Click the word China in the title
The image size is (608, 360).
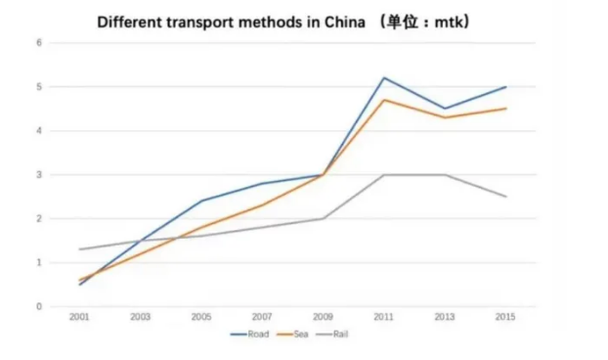[344, 22]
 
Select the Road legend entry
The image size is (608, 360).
[249, 334]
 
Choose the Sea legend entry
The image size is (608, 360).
[292, 334]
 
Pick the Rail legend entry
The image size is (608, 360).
[332, 334]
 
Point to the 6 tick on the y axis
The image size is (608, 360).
[39, 43]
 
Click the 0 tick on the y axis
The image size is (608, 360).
[39, 306]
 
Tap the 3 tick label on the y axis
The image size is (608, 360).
[39, 174]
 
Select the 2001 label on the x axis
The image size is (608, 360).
[79, 317]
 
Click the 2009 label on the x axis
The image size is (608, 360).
[323, 317]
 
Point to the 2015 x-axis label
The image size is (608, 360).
[505, 317]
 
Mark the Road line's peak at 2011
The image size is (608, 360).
[384, 78]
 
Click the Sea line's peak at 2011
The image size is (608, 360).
[384, 100]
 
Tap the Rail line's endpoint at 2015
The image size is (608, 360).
[506, 197]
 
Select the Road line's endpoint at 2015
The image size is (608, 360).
[506, 87]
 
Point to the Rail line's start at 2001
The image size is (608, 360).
[79, 249]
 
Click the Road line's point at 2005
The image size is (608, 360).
[201, 201]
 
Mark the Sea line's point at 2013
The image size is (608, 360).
[445, 117]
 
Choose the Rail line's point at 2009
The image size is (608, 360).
[323, 218]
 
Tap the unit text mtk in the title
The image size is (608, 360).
[449, 22]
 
